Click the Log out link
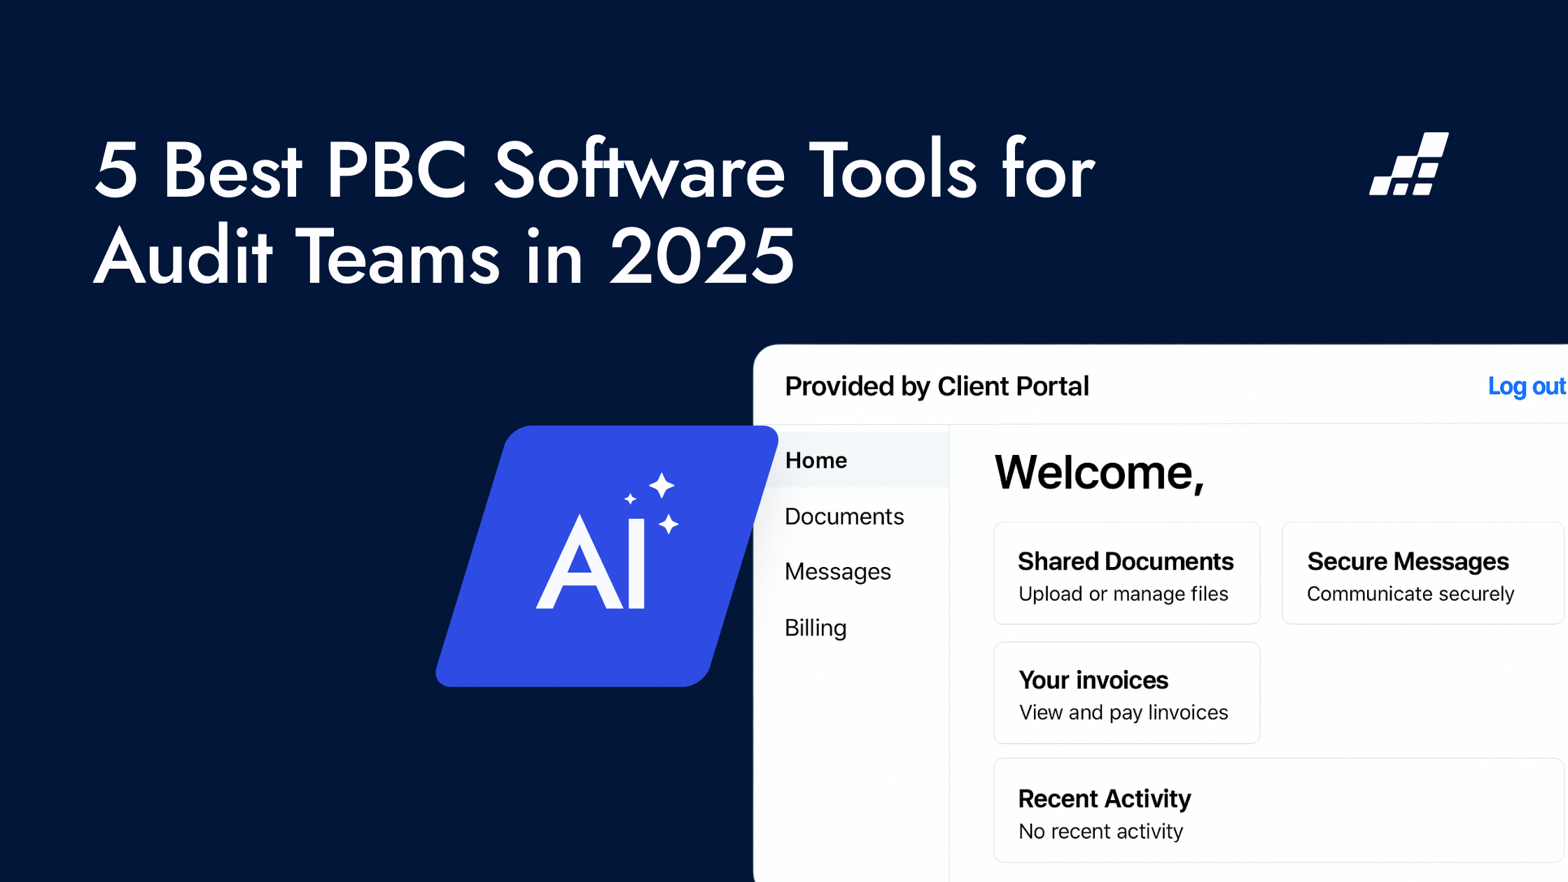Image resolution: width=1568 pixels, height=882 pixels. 1527,386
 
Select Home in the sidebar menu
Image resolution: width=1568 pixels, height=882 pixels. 816,460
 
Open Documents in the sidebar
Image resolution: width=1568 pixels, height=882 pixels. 844,516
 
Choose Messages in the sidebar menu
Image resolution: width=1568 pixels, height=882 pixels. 838,572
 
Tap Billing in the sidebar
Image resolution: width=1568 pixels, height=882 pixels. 815,628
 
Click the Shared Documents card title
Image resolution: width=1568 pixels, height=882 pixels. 1126,561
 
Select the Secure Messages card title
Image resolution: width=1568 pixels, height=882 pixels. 1408,561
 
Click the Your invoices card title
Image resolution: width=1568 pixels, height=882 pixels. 1093,680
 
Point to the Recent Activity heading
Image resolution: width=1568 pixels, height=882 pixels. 1105,799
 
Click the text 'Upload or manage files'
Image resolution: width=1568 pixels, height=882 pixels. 1123,594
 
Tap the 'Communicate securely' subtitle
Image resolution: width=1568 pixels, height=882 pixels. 1410,594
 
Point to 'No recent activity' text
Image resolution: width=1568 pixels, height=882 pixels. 1100,831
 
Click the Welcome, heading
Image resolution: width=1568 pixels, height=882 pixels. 1099,472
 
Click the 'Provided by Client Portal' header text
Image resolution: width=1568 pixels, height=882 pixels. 937,386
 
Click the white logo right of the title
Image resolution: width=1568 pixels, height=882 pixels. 1409,164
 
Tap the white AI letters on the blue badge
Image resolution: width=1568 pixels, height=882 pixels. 591,562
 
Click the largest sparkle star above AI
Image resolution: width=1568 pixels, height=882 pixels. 661,485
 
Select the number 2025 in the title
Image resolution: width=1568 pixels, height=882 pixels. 702,257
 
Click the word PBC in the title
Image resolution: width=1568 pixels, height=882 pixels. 396,169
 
